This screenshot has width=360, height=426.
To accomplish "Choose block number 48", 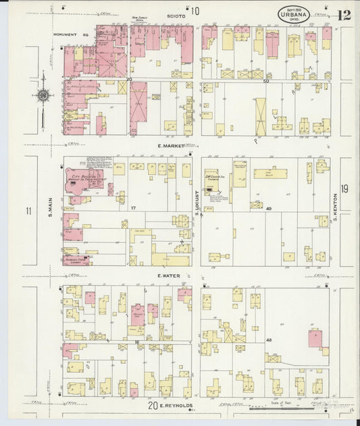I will click(x=268, y=340).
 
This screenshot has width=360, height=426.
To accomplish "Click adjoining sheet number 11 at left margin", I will click(x=28, y=211).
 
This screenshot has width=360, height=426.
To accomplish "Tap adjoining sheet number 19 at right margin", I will click(x=344, y=189).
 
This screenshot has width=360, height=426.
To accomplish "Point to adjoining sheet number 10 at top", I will click(x=195, y=11).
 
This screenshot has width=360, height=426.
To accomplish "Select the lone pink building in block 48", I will click(x=315, y=338).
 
